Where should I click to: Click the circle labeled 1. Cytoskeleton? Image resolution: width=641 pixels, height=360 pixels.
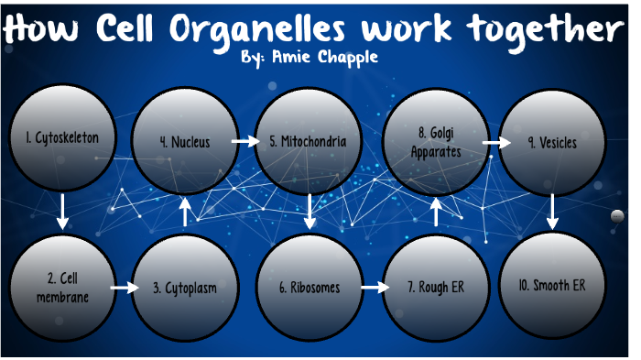pyautogui.click(x=62, y=140)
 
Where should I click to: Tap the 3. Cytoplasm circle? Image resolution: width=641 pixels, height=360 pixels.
pyautogui.click(x=185, y=288)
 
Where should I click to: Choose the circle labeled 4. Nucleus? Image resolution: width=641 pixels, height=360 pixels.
pyautogui.click(x=185, y=142)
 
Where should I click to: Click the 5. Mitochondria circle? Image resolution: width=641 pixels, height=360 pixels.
pyautogui.click(x=308, y=142)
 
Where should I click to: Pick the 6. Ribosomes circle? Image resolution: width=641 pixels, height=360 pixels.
pyautogui.click(x=310, y=288)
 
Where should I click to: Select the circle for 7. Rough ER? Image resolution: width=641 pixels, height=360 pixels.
pyautogui.click(x=436, y=288)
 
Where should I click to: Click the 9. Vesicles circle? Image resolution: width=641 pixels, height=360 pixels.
pyautogui.click(x=552, y=142)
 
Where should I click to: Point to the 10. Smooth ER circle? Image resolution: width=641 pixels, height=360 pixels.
pyautogui.click(x=552, y=286)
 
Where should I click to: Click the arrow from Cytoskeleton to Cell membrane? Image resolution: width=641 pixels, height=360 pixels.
pyautogui.click(x=62, y=212)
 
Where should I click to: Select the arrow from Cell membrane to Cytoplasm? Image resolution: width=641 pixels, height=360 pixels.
pyautogui.click(x=122, y=288)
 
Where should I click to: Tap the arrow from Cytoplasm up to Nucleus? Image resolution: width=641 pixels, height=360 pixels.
pyautogui.click(x=185, y=213)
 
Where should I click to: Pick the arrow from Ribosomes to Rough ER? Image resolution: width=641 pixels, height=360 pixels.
pyautogui.click(x=374, y=288)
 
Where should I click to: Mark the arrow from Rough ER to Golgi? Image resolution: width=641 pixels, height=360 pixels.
pyautogui.click(x=436, y=213)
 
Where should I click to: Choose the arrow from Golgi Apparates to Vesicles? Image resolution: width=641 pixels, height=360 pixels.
pyautogui.click(x=495, y=143)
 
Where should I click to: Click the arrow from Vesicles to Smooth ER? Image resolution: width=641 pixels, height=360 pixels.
pyautogui.click(x=552, y=213)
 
